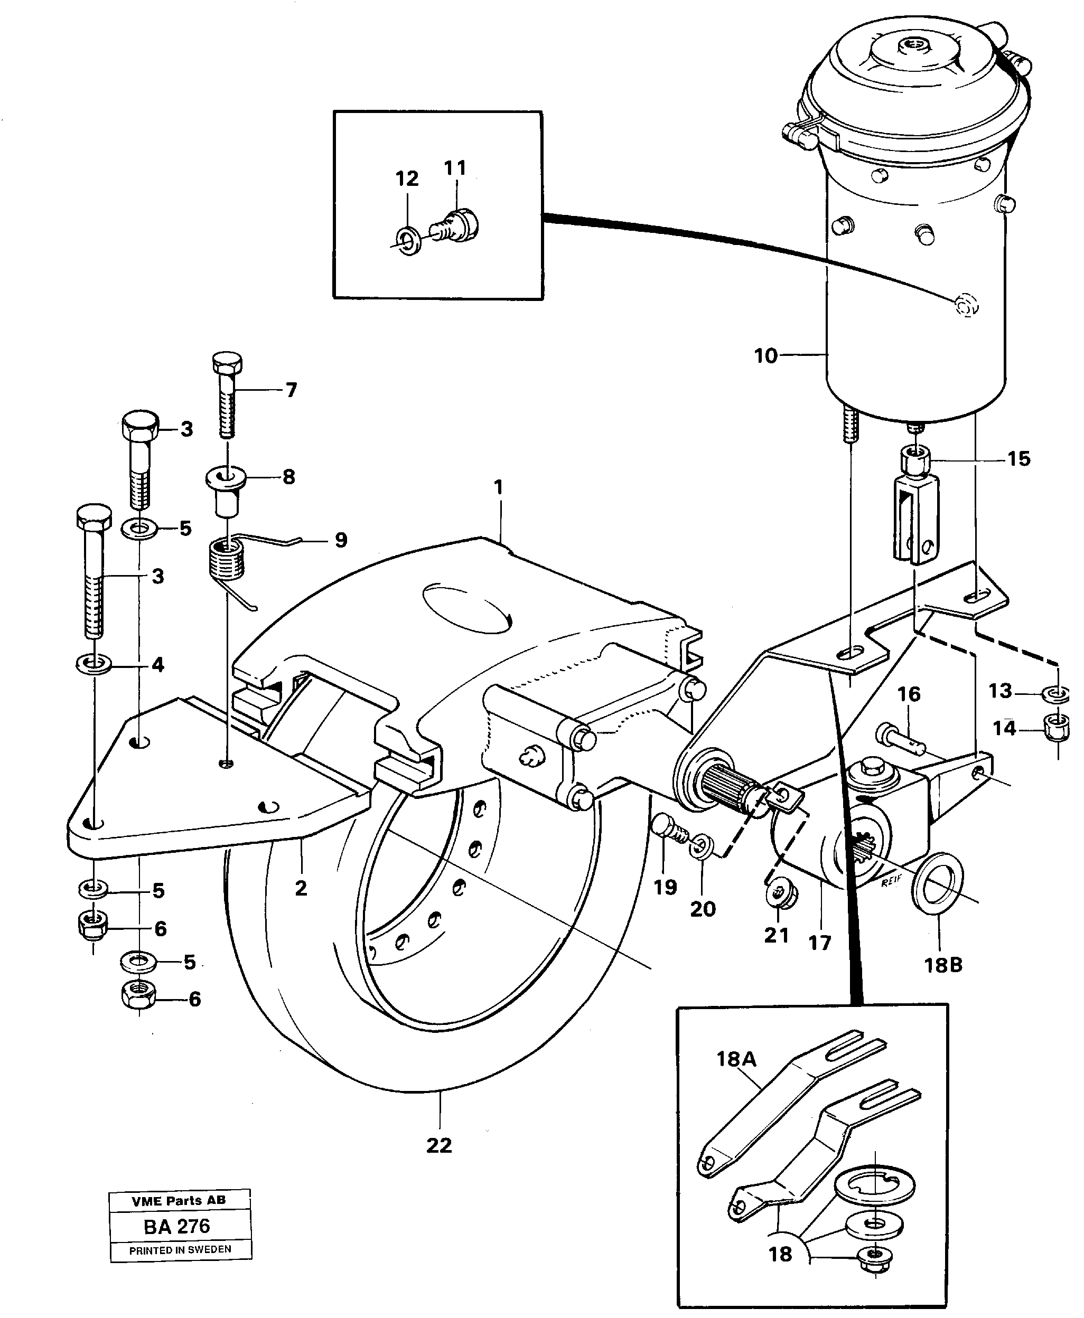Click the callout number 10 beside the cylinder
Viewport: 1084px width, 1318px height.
[x=765, y=356]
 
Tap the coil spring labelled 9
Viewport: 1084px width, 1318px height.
[x=226, y=560]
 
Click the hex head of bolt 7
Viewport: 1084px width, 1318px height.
[x=227, y=363]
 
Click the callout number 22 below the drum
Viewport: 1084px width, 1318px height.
[x=439, y=1145]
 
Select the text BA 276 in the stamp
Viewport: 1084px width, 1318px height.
[x=177, y=1226]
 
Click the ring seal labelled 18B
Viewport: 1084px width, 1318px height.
[x=937, y=881]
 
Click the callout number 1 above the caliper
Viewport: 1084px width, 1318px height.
[x=498, y=487]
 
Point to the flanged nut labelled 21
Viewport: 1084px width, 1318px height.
[x=778, y=897]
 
